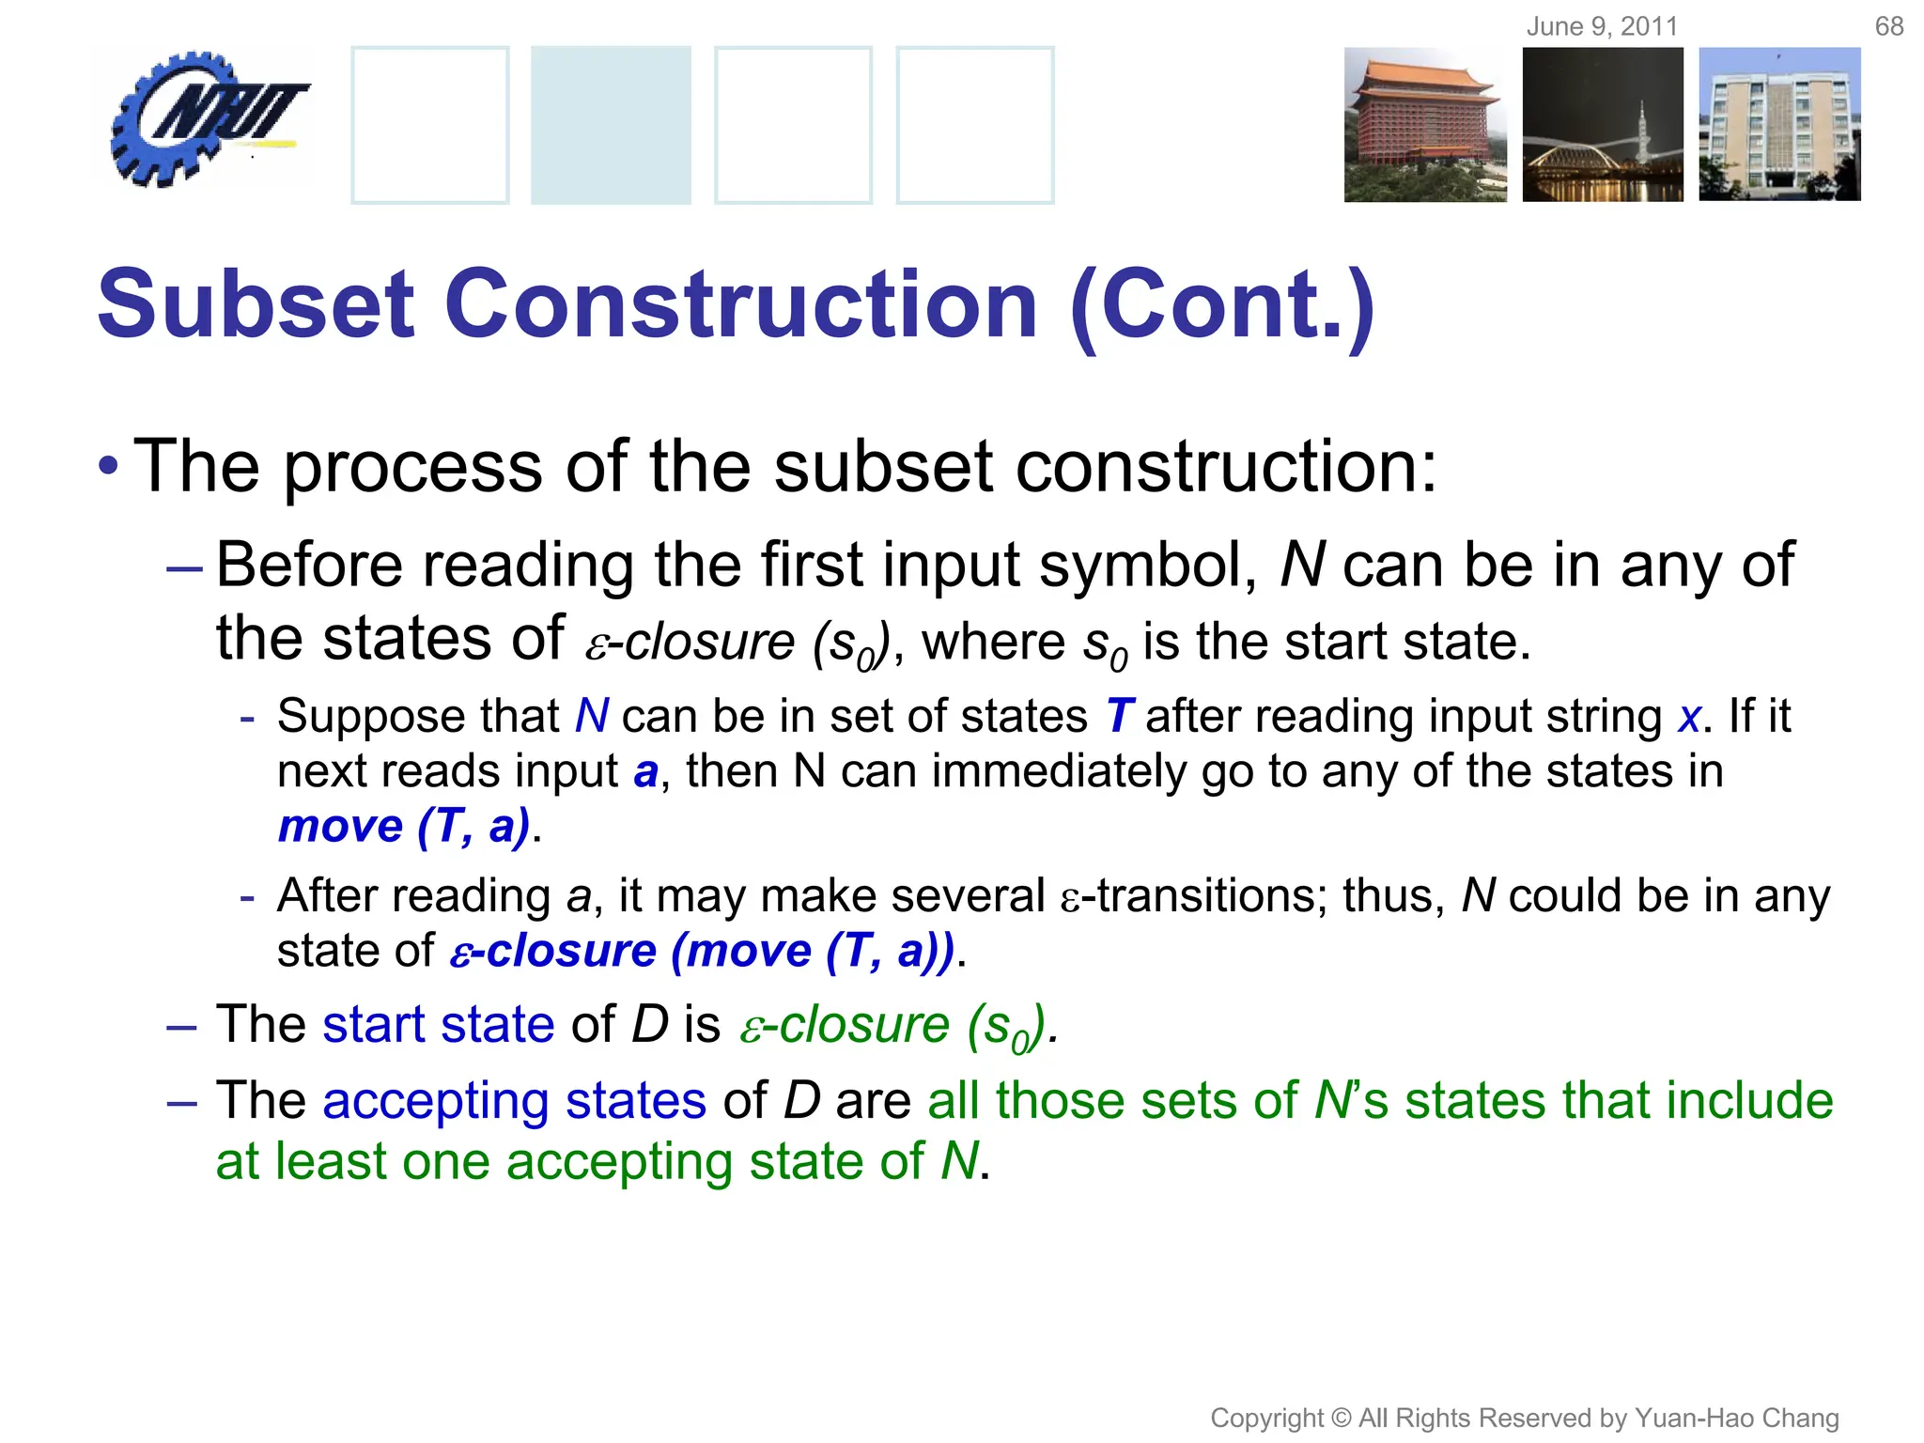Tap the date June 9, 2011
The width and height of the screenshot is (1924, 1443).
pos(1602,26)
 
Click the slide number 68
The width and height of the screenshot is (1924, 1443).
pos(1888,26)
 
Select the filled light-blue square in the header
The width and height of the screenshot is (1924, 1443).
pos(611,125)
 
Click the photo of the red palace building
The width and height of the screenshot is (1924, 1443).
pos(1424,125)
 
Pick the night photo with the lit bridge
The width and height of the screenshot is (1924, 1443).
pos(1603,125)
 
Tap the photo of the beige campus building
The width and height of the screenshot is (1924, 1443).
pos(1779,125)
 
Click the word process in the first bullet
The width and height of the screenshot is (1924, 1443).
pos(412,466)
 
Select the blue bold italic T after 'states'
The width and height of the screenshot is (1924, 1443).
pos(1119,717)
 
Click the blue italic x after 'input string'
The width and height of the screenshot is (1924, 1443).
pos(1688,719)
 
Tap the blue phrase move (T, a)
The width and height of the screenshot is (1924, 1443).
pos(404,827)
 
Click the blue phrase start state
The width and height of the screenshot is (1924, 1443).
pos(438,1024)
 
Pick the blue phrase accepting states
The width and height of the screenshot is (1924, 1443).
pos(513,1101)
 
